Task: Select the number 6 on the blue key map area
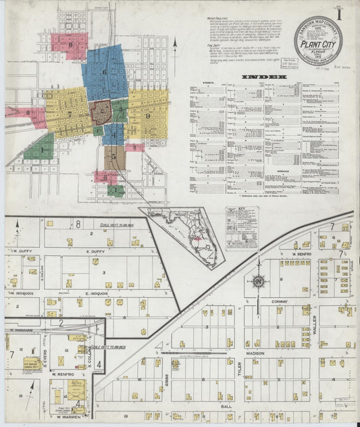click(x=104, y=72)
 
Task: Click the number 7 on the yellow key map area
click(x=70, y=114)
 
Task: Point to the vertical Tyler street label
click(x=238, y=368)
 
